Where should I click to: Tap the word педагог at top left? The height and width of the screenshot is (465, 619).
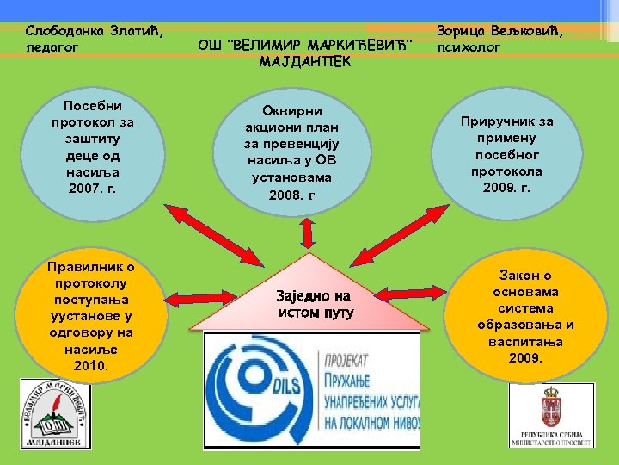tap(52, 46)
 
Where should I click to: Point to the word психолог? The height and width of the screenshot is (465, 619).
tap(468, 47)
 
